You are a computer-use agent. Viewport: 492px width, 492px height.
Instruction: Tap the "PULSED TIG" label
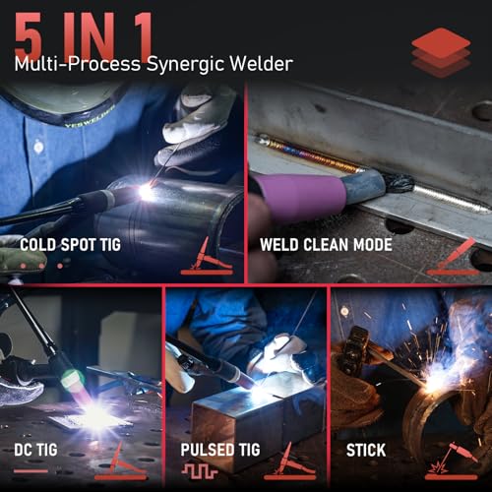[221, 452]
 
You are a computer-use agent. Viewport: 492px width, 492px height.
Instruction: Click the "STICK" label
[365, 452]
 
